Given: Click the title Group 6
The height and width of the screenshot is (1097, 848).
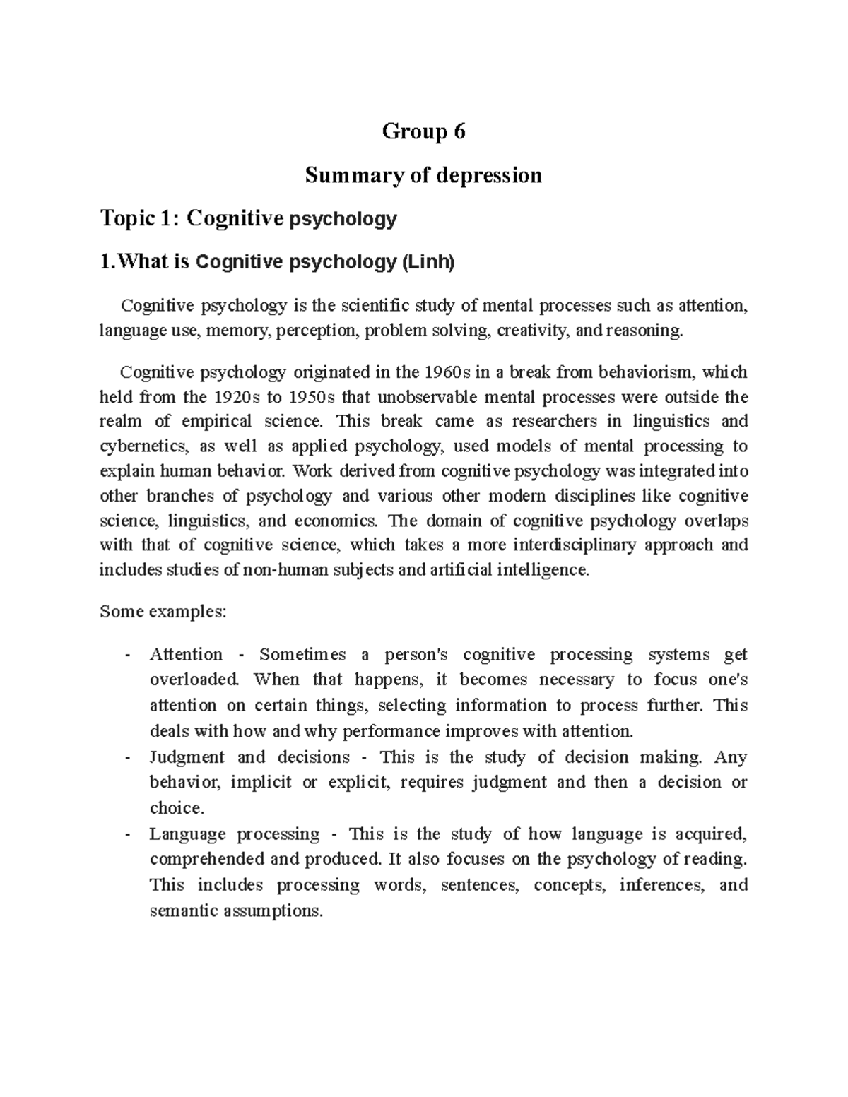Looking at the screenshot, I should tap(423, 131).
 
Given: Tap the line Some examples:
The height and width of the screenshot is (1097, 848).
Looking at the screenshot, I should tap(163, 611).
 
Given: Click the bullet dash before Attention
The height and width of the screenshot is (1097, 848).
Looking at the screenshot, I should tap(127, 655).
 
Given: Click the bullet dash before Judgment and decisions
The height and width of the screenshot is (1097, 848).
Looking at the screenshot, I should tap(127, 757).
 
